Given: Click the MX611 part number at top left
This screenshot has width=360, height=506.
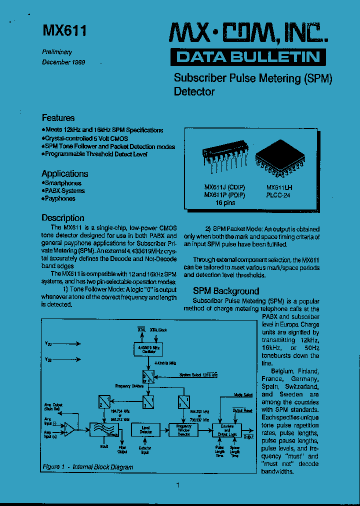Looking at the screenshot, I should (64, 31).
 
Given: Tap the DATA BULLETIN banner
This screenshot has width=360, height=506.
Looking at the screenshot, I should (248, 57).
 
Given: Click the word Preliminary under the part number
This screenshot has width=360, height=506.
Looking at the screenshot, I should (56, 52).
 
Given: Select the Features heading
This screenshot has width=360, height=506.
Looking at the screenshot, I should (58, 118).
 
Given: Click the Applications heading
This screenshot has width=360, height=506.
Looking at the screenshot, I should (64, 173).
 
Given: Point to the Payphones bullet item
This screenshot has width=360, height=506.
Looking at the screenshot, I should (59, 198).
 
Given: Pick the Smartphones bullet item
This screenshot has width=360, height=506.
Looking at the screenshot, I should (62, 183).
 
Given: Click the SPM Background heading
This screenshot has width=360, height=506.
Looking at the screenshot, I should (226, 291).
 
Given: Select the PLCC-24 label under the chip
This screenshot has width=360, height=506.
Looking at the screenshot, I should (278, 195).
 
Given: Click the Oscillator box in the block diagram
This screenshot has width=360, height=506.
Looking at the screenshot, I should (148, 348).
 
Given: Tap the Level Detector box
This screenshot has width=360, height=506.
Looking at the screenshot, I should (146, 429).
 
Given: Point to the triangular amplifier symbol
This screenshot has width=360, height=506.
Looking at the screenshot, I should (70, 428).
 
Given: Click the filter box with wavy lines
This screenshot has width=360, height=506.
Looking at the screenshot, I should (103, 429).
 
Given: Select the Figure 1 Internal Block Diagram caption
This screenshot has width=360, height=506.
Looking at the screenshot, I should (88, 467).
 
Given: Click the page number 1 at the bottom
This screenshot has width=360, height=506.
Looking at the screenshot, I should (178, 485).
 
